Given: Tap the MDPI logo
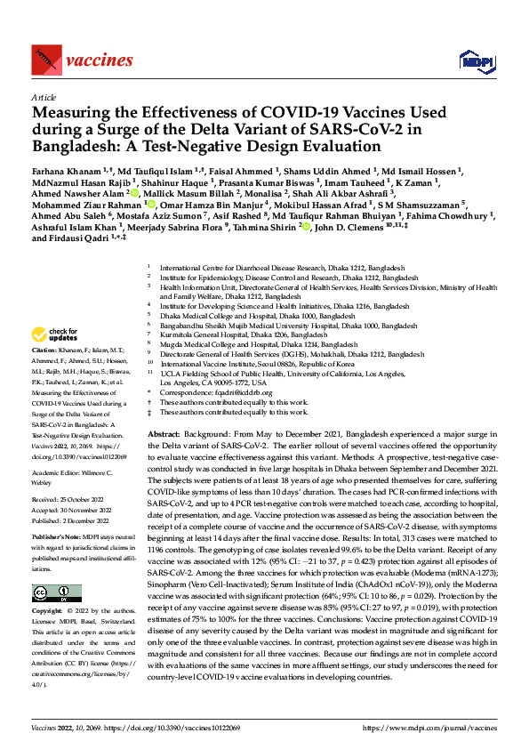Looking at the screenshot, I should click(471, 60).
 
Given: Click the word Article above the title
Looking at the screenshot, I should click(43, 98).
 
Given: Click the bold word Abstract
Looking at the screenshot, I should click(164, 432).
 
